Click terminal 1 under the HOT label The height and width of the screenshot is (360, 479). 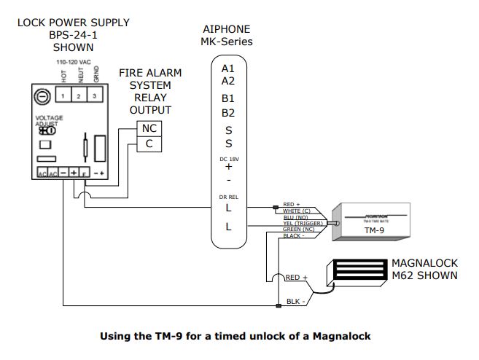[x=64, y=95]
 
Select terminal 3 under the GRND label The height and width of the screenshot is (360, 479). [x=94, y=95]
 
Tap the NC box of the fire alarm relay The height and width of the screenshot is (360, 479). [x=149, y=129]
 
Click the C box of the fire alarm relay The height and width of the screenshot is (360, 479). [x=149, y=144]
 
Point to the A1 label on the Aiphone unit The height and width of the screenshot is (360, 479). [x=228, y=69]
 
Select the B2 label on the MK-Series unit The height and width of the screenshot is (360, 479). [x=228, y=113]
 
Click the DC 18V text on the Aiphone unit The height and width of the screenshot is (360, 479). [x=228, y=158]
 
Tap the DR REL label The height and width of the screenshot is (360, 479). [x=228, y=195]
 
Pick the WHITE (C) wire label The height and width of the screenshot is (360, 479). [x=297, y=211]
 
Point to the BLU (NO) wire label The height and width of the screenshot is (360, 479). [x=295, y=216]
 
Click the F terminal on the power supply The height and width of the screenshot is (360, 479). [x=85, y=174]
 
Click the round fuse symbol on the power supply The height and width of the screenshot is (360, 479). [x=42, y=95]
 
